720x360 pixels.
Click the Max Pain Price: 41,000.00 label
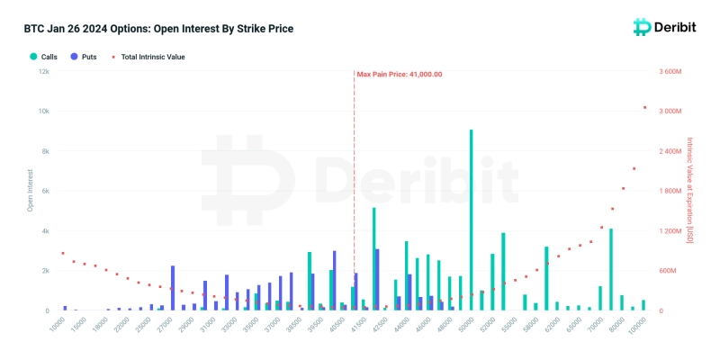coord(400,75)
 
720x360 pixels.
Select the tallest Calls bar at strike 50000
coord(471,220)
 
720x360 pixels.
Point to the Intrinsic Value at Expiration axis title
coord(690,191)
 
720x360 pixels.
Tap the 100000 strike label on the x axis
coord(637,328)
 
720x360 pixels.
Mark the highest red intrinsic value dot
coord(644,108)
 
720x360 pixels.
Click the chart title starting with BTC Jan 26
coord(158,29)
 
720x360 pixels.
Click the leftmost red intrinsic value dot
coord(62,254)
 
